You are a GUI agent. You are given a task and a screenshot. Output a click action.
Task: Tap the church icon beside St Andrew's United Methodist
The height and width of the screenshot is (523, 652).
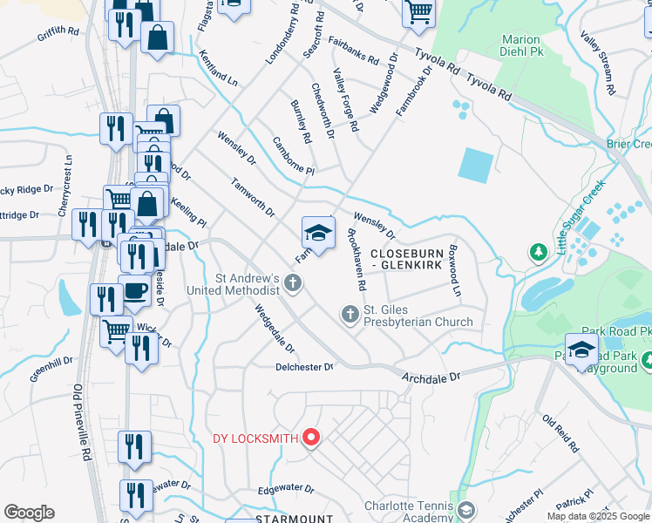coord(294,283)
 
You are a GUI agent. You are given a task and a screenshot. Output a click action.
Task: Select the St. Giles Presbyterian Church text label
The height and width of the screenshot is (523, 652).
coord(418,316)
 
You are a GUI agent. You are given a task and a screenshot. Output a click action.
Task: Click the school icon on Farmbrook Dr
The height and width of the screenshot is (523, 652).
coord(318,234)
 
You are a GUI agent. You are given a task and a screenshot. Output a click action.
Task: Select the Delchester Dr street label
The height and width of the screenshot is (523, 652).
coord(304,368)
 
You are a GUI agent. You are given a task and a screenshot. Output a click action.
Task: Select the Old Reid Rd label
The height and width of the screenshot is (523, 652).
coord(560,433)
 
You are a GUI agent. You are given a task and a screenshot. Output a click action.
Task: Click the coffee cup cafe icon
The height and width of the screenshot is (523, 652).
coord(134,291)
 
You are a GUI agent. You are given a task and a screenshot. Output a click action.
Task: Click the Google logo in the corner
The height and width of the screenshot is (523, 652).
coord(29,513)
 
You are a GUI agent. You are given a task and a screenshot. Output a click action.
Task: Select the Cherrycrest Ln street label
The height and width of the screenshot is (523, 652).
coord(65,186)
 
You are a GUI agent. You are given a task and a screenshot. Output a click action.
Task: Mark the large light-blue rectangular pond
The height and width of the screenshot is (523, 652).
coord(476,164)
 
